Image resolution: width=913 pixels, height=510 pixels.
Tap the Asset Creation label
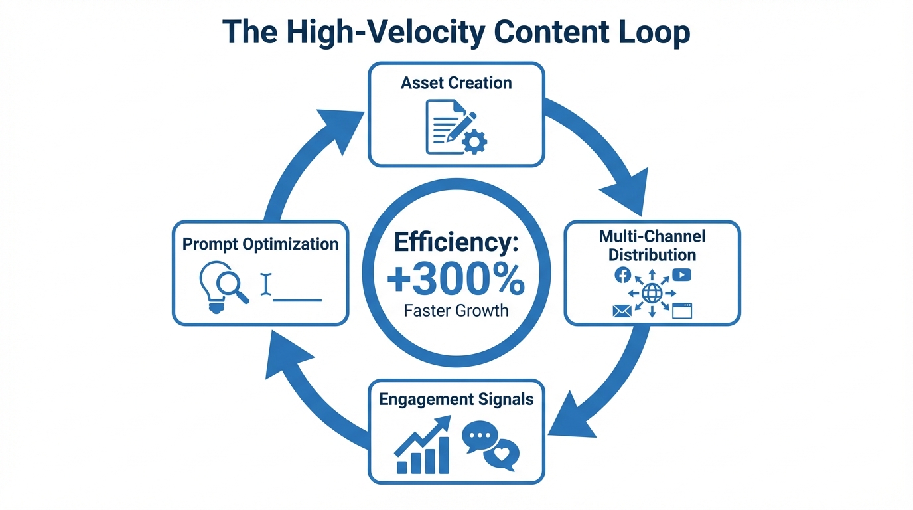pos(456,83)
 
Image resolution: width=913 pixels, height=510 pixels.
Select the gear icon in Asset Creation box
pos(474,141)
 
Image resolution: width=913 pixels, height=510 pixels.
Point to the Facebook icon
pos(623,275)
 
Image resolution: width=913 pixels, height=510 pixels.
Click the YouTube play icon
pos(681,275)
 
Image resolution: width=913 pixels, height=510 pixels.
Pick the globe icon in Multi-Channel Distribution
pos(652,293)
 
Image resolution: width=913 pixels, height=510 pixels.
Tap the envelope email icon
pos(622,311)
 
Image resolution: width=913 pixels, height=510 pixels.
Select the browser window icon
pos(682,311)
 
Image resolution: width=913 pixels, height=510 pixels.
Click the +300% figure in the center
pos(456,282)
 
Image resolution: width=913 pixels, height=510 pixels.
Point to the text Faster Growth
pos(456,310)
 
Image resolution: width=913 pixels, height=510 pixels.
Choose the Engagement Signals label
pos(456,399)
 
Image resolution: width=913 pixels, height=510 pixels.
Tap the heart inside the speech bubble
pos(501,455)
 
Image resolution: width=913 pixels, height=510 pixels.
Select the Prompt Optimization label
pos(260,244)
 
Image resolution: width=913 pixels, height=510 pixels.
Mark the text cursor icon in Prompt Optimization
pos(267,284)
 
